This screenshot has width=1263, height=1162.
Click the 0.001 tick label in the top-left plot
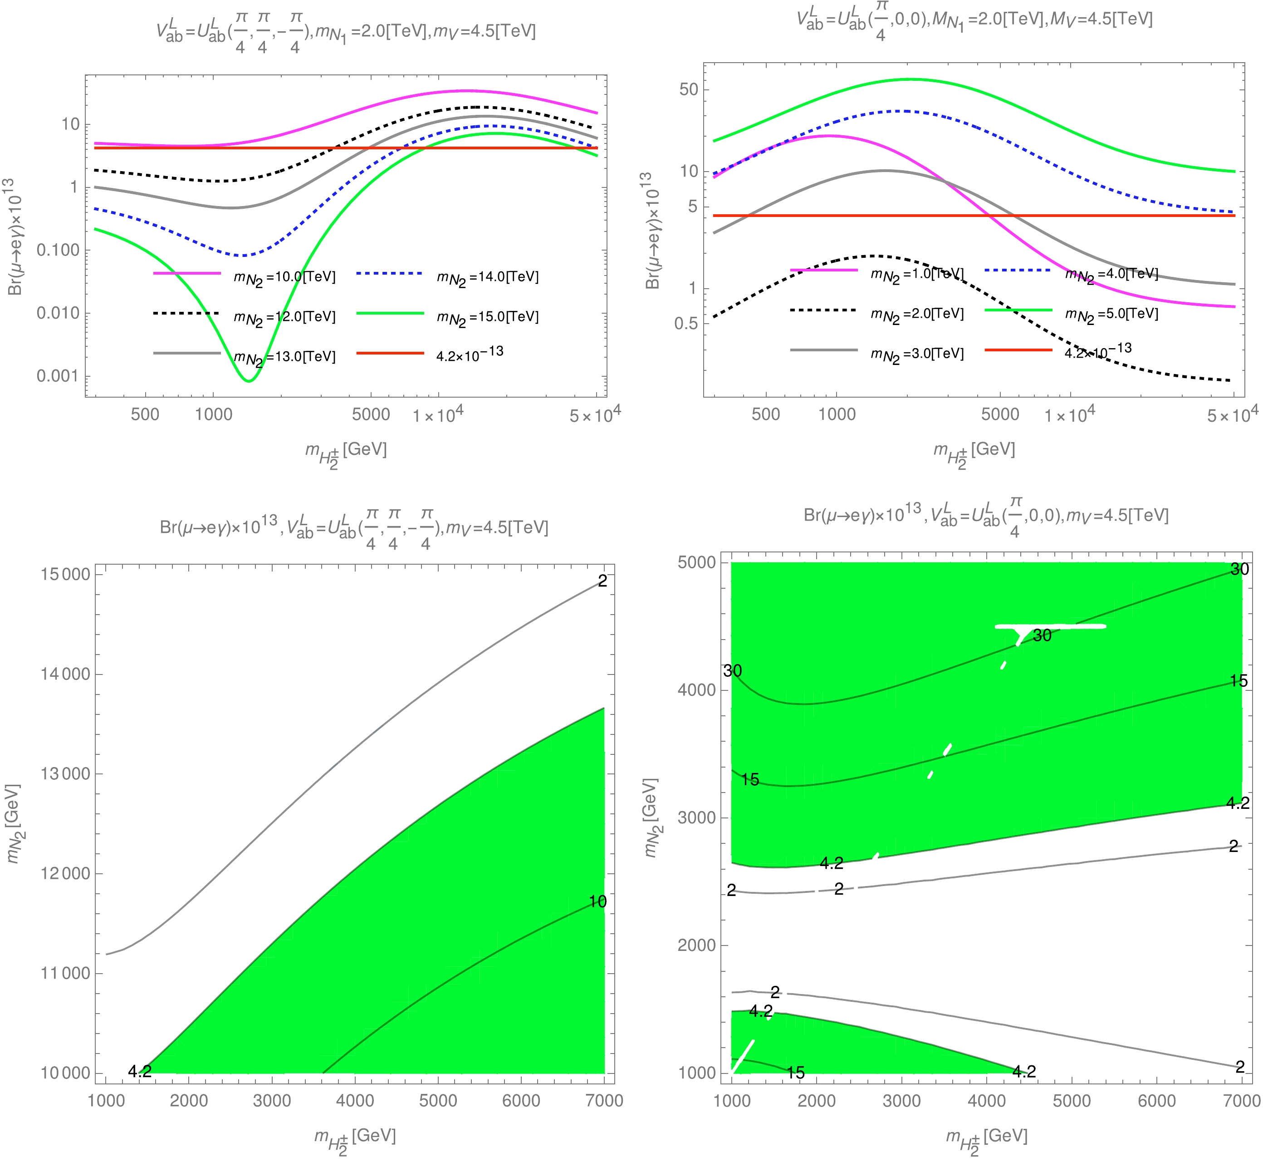coord(57,376)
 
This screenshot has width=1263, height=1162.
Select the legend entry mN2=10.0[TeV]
coord(284,277)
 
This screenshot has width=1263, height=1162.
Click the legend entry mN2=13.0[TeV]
coord(284,356)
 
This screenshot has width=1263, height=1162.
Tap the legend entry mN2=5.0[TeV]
coord(1111,313)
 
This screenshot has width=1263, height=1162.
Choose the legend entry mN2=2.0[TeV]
coord(917,313)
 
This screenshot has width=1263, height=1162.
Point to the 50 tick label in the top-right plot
coord(689,89)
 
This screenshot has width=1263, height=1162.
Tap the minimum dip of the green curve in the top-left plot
coord(249,380)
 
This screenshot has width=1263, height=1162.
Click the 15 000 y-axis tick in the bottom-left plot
coord(65,574)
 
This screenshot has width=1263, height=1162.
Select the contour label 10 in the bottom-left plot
coord(597,901)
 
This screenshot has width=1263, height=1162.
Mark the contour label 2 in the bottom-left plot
coord(602,581)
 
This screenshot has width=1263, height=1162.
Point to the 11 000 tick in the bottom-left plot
coord(65,973)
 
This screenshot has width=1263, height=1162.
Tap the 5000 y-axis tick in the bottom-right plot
coord(697,562)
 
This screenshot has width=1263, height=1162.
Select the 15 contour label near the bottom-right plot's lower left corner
coord(796,1073)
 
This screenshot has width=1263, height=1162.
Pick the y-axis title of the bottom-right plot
coord(651,817)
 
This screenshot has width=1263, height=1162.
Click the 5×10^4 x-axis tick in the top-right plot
coord(1232,414)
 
